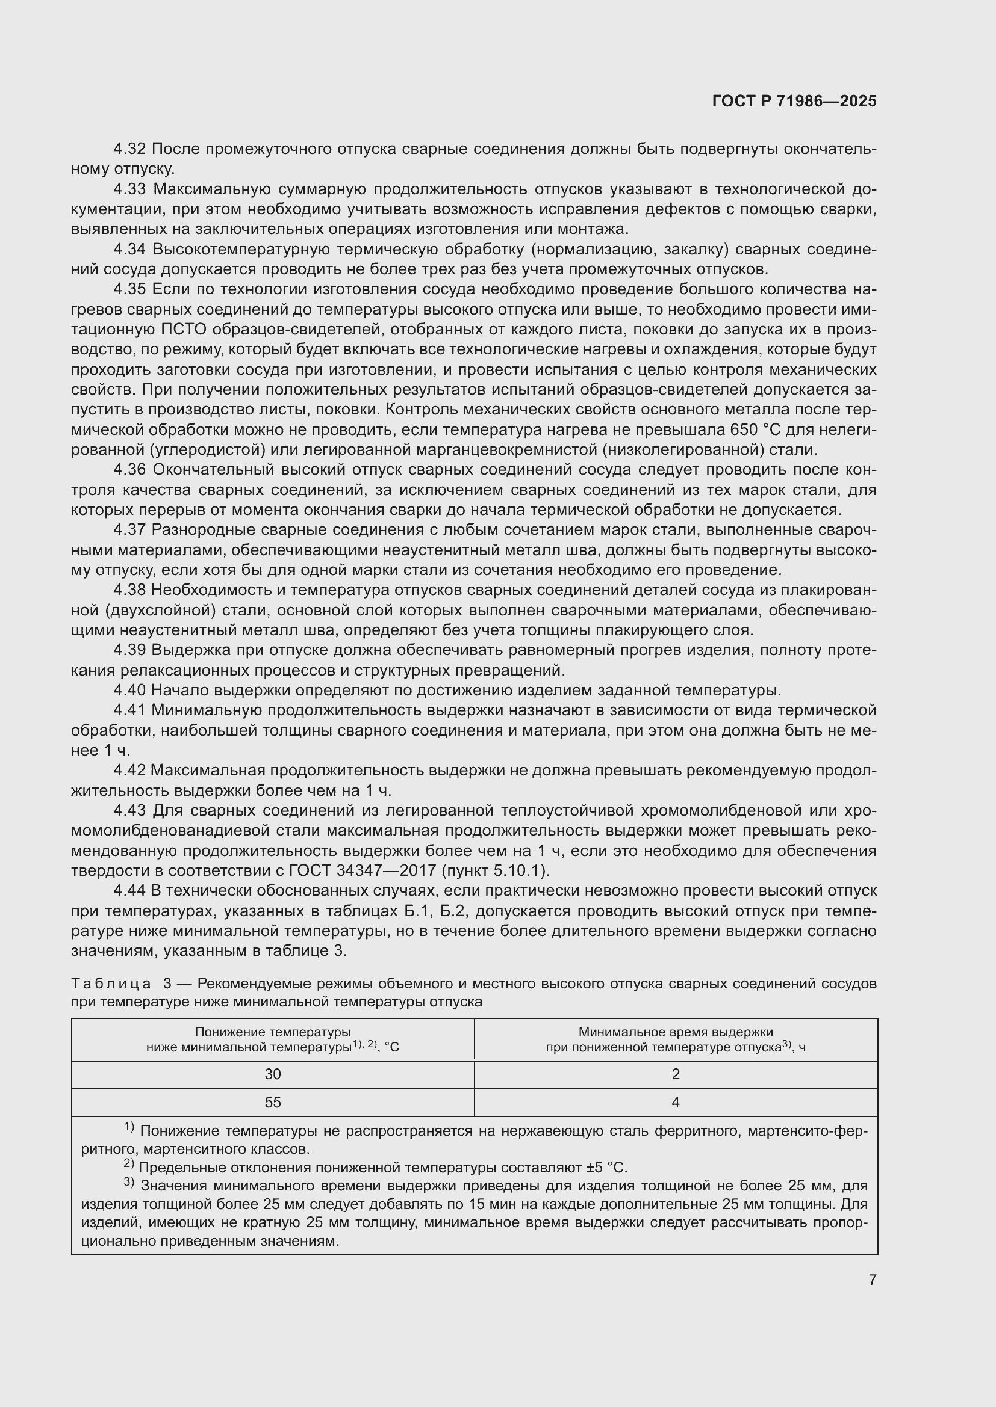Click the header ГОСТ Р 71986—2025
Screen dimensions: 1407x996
pos(794,101)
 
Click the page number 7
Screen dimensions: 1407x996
pos(872,1280)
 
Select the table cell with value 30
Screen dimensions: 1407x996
pos(273,1074)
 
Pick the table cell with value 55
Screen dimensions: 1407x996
pos(273,1103)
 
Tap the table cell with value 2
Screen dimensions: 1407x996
pos(675,1074)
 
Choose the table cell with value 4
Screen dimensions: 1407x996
pos(675,1103)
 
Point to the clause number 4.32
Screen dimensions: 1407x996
pos(129,149)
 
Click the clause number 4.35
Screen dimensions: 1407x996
pos(129,289)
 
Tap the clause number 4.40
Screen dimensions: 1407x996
pos(129,690)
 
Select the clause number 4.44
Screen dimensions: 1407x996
pos(129,890)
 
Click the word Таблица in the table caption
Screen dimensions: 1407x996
pos(111,984)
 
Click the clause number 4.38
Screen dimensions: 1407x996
pos(129,590)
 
